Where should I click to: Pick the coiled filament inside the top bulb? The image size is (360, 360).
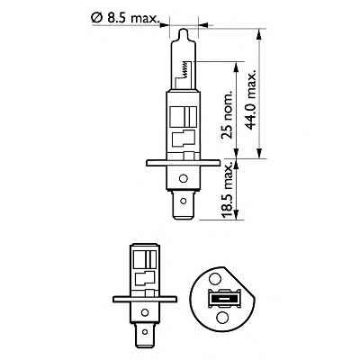tap(186, 68)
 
